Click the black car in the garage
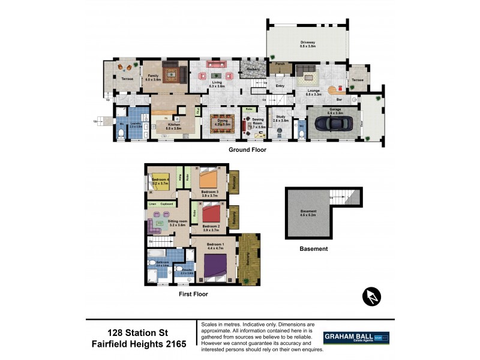click(332, 123)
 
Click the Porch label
click(280, 64)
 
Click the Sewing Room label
click(257, 121)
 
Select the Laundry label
click(136, 124)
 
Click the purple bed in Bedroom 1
click(215, 265)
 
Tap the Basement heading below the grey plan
click(314, 248)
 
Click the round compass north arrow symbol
click(372, 296)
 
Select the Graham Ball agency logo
click(356, 338)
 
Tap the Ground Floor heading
click(247, 150)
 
